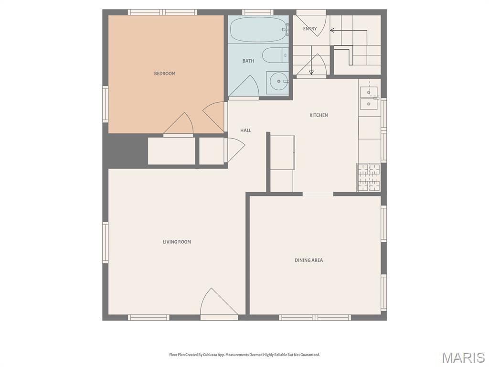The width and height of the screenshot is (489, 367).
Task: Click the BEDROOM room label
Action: (x=164, y=74)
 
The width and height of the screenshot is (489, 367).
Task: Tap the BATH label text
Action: (x=248, y=61)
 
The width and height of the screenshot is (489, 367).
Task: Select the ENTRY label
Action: (x=310, y=29)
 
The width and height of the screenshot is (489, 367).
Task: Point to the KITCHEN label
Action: (x=319, y=115)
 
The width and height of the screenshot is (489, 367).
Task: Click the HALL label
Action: (x=245, y=130)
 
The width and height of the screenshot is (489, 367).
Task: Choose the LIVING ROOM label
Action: (x=177, y=242)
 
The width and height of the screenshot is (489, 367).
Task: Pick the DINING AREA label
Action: (x=308, y=260)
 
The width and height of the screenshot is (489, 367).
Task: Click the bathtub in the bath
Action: (x=258, y=30)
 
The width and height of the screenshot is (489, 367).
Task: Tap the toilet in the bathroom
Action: (x=275, y=56)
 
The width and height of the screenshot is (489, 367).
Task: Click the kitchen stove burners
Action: (x=368, y=177)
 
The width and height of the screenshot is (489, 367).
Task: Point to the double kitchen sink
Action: (x=368, y=97)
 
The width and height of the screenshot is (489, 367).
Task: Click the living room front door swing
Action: (x=216, y=304)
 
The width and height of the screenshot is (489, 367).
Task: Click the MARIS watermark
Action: (x=463, y=357)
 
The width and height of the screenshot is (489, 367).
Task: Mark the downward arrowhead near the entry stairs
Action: (x=311, y=72)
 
